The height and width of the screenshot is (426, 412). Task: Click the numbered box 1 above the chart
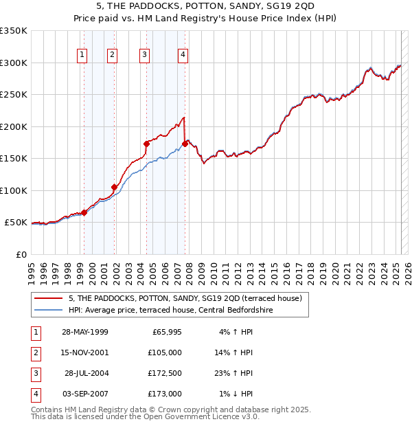(82, 56)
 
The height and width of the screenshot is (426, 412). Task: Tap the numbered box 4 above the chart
(183, 56)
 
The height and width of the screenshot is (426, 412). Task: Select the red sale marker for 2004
(146, 144)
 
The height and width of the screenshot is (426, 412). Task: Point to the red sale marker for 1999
(84, 212)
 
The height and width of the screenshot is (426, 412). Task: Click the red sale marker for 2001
(114, 187)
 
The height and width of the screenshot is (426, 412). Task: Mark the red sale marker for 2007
(185, 144)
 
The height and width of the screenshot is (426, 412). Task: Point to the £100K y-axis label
(14, 190)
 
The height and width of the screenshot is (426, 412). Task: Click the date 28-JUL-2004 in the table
(87, 373)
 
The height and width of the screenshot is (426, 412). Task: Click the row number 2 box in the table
(35, 352)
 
